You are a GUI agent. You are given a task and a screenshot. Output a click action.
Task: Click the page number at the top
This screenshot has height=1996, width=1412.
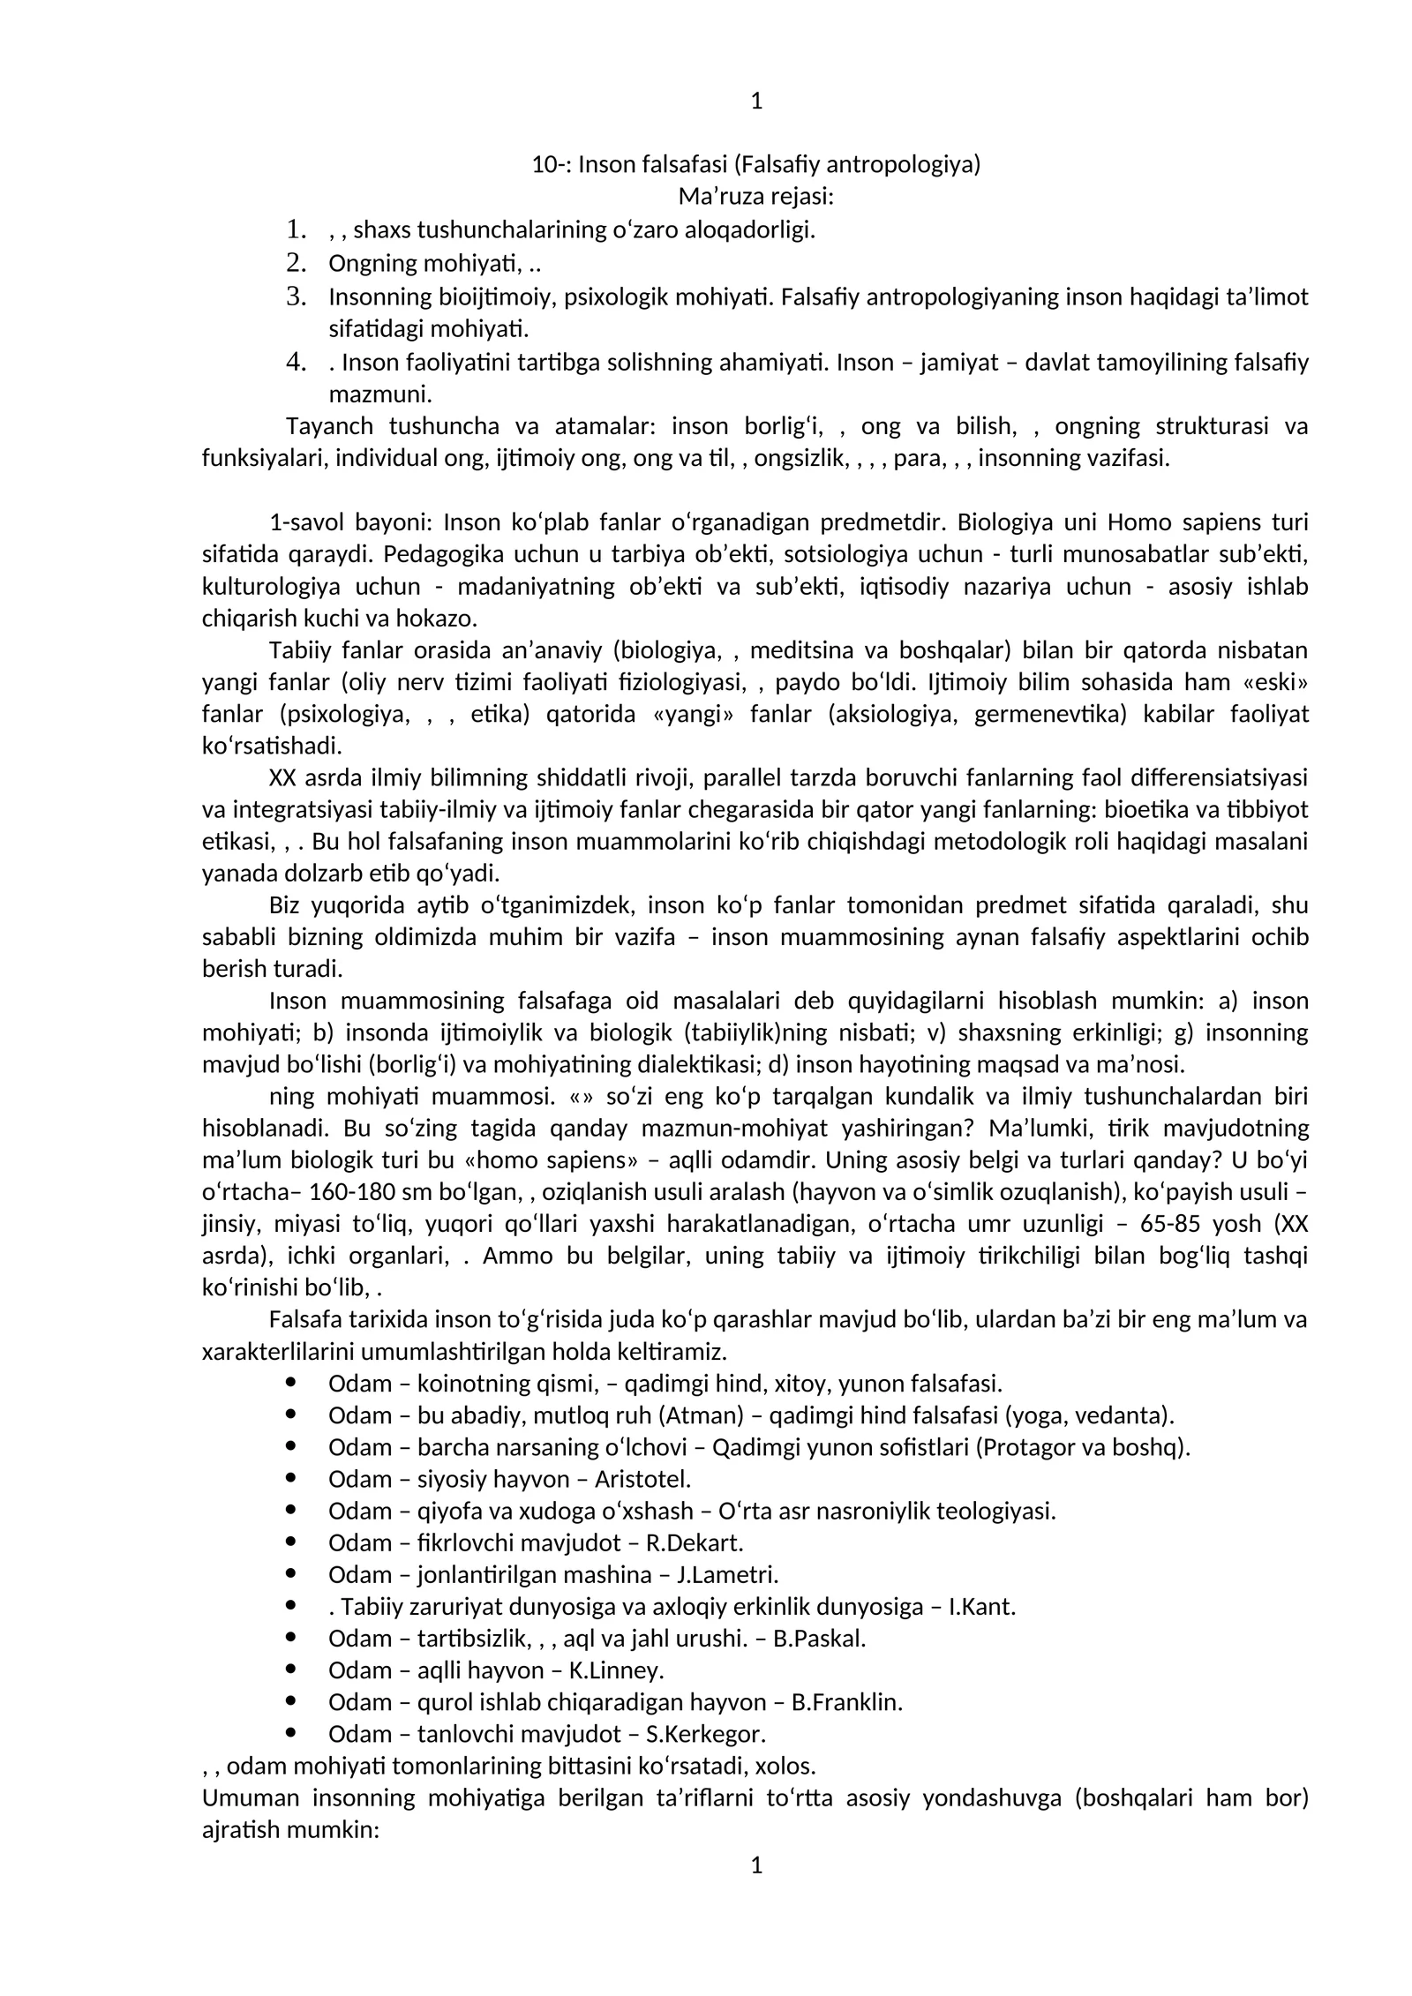point(755,101)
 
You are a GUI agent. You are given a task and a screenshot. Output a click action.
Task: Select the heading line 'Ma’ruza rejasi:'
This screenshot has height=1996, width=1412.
point(755,197)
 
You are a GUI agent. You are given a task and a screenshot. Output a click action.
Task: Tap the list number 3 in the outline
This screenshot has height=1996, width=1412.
point(296,296)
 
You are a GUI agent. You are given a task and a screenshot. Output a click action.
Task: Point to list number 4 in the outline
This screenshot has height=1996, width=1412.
point(296,362)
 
